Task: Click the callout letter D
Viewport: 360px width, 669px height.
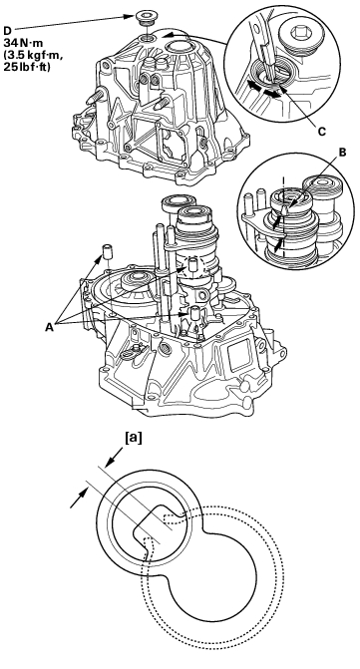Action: (7, 31)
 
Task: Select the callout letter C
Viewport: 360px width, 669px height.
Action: (322, 132)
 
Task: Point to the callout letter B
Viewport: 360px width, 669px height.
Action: (342, 153)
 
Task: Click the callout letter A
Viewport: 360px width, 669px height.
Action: (50, 327)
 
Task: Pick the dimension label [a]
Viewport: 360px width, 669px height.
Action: (133, 438)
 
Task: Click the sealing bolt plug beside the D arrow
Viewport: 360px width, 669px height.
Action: (144, 20)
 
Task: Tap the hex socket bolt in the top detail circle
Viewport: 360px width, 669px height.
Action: (297, 34)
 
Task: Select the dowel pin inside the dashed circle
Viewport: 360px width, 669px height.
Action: (192, 264)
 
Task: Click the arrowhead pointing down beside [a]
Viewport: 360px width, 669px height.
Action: (113, 460)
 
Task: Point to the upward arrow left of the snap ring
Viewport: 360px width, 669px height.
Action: (80, 498)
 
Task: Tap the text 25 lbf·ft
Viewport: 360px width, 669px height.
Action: (26, 68)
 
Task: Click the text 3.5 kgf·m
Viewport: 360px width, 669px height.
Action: (27, 55)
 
